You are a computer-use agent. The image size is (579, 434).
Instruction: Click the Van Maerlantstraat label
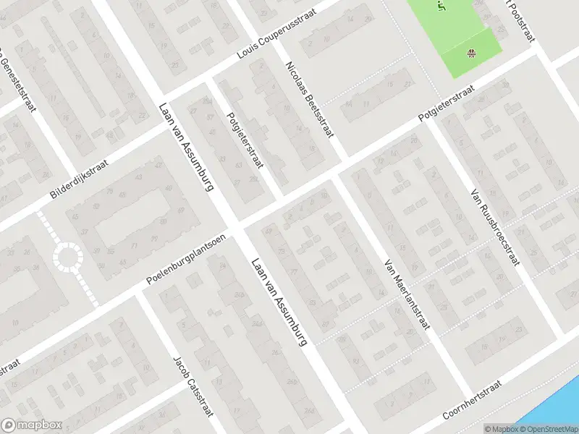point(406,295)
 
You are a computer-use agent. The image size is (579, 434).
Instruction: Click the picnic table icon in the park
point(472,51)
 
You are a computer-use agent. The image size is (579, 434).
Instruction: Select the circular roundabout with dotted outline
point(69,256)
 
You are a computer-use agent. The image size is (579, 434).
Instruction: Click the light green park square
point(456,33)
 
